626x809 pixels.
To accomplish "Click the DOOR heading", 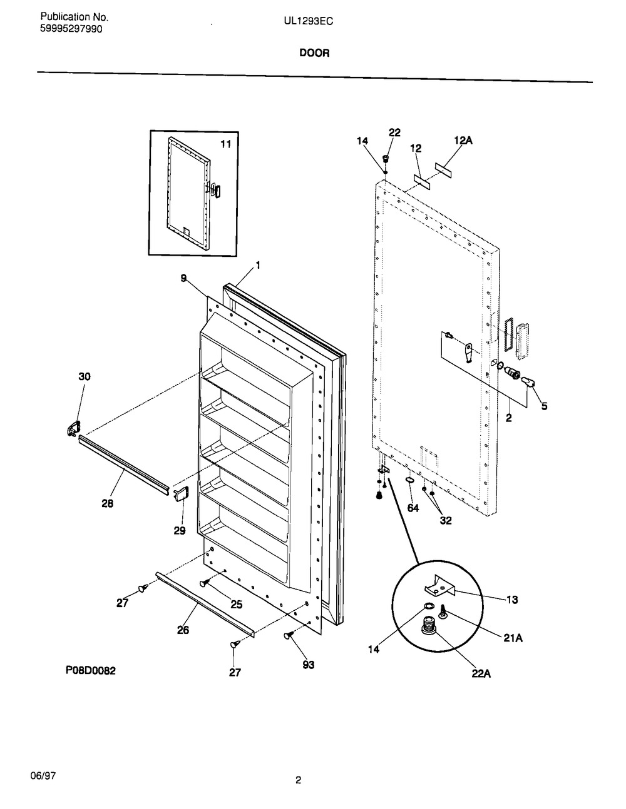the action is pyautogui.click(x=314, y=53).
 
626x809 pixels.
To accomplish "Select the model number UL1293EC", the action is pyautogui.click(x=309, y=22).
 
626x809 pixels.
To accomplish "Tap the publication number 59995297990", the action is pyautogui.click(x=71, y=29).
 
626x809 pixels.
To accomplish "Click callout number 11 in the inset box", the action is pyautogui.click(x=226, y=144).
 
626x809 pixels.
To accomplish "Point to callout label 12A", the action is pyautogui.click(x=463, y=140).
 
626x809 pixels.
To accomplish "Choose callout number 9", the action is pyautogui.click(x=183, y=278).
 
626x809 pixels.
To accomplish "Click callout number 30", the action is pyautogui.click(x=85, y=377).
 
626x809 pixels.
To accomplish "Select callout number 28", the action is pyautogui.click(x=107, y=504).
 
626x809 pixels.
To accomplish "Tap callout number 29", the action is pyautogui.click(x=180, y=531).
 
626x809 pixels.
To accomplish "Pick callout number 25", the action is pyautogui.click(x=237, y=604).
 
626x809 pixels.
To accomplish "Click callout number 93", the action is pyautogui.click(x=309, y=665).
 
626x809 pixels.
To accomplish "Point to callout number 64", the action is pyautogui.click(x=413, y=508).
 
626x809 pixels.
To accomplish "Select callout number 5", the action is pyautogui.click(x=545, y=406).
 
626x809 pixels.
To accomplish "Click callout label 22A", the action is pyautogui.click(x=481, y=673).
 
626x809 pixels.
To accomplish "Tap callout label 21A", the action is pyautogui.click(x=513, y=638).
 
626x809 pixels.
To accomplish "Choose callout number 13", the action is pyautogui.click(x=512, y=600).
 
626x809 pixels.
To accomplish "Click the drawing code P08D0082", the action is pyautogui.click(x=91, y=670).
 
